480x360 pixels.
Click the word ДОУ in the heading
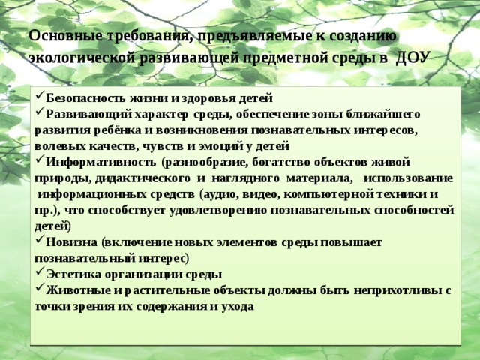tap(411, 57)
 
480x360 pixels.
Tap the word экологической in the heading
tap(82, 58)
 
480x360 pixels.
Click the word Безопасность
tap(85, 98)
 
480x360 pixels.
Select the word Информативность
tap(100, 162)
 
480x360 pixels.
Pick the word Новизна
tap(72, 241)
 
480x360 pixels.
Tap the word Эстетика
tap(73, 274)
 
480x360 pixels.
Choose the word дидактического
tap(142, 178)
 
